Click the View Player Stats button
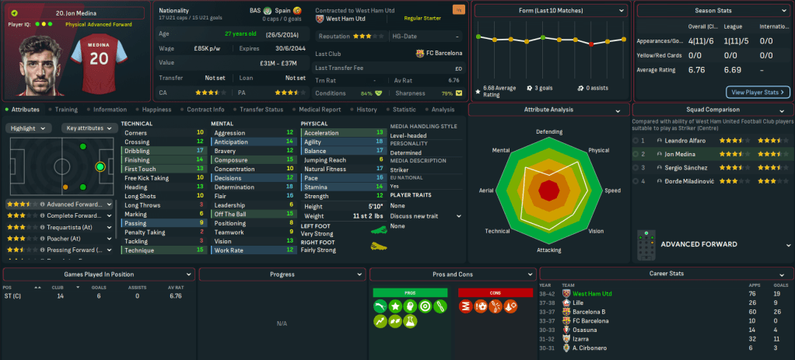tap(757, 93)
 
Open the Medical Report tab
tap(320, 110)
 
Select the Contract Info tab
tap(205, 110)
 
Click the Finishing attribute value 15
tap(200, 159)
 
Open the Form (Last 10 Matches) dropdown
tap(551, 11)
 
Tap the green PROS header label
tap(410, 292)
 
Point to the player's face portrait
tap(32, 66)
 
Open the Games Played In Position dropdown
tap(100, 274)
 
